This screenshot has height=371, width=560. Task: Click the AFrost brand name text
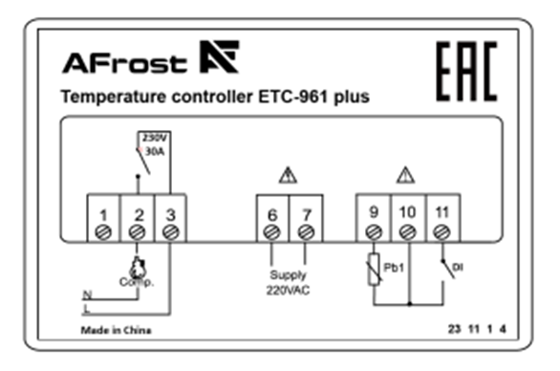tap(124, 63)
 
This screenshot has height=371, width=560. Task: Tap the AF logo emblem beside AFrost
tap(219, 56)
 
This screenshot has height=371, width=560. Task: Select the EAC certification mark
tap(466, 71)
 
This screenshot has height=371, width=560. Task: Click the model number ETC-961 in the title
tap(292, 97)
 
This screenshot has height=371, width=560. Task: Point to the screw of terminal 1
tap(103, 232)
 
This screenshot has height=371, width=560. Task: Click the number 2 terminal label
tap(139, 215)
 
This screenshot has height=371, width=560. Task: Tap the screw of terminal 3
tap(171, 232)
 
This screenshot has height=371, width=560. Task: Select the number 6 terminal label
tap(272, 215)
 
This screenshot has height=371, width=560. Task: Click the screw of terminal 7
tap(306, 232)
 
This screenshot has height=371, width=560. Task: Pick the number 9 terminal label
tap(374, 212)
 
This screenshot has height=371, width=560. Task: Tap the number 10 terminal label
tap(407, 212)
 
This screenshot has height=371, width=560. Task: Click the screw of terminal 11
tap(442, 232)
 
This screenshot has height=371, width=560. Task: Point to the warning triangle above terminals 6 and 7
tap(288, 176)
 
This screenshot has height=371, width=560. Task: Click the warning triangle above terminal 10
tap(406, 176)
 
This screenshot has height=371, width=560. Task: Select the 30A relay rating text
tap(155, 151)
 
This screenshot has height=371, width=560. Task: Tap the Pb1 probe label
tap(394, 268)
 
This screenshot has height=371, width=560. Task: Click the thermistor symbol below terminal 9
tap(374, 269)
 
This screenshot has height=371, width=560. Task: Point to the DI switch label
tap(458, 267)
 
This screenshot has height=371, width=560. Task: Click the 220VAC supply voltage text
tap(288, 291)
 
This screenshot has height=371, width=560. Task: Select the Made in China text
tap(116, 330)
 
